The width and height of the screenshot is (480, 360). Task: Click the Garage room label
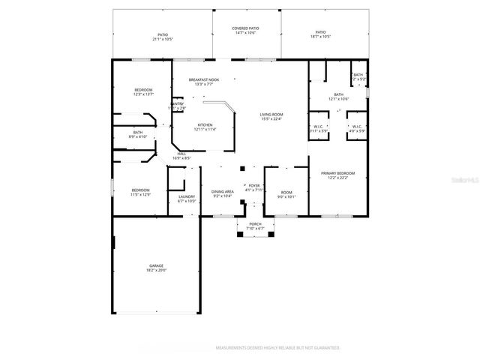(x=157, y=267)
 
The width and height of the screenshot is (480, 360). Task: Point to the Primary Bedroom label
(x=337, y=175)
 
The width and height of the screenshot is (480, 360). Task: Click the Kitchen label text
(x=205, y=127)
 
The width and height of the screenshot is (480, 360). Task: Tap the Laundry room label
(x=186, y=199)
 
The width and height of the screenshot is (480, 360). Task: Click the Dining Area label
(x=222, y=193)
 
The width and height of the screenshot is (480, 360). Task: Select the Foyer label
(x=254, y=187)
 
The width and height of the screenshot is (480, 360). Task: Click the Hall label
(x=181, y=155)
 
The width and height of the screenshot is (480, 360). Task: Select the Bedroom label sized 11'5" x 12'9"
(x=141, y=192)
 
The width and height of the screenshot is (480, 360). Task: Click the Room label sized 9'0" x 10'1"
(x=287, y=194)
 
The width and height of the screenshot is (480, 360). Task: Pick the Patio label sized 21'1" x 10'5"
(x=162, y=35)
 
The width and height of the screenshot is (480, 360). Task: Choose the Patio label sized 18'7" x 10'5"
(x=320, y=34)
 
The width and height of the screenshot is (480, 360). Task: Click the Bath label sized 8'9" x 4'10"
(x=142, y=135)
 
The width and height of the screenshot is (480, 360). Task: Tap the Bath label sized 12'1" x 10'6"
(x=338, y=97)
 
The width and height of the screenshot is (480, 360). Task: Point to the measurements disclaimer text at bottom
(x=277, y=348)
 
